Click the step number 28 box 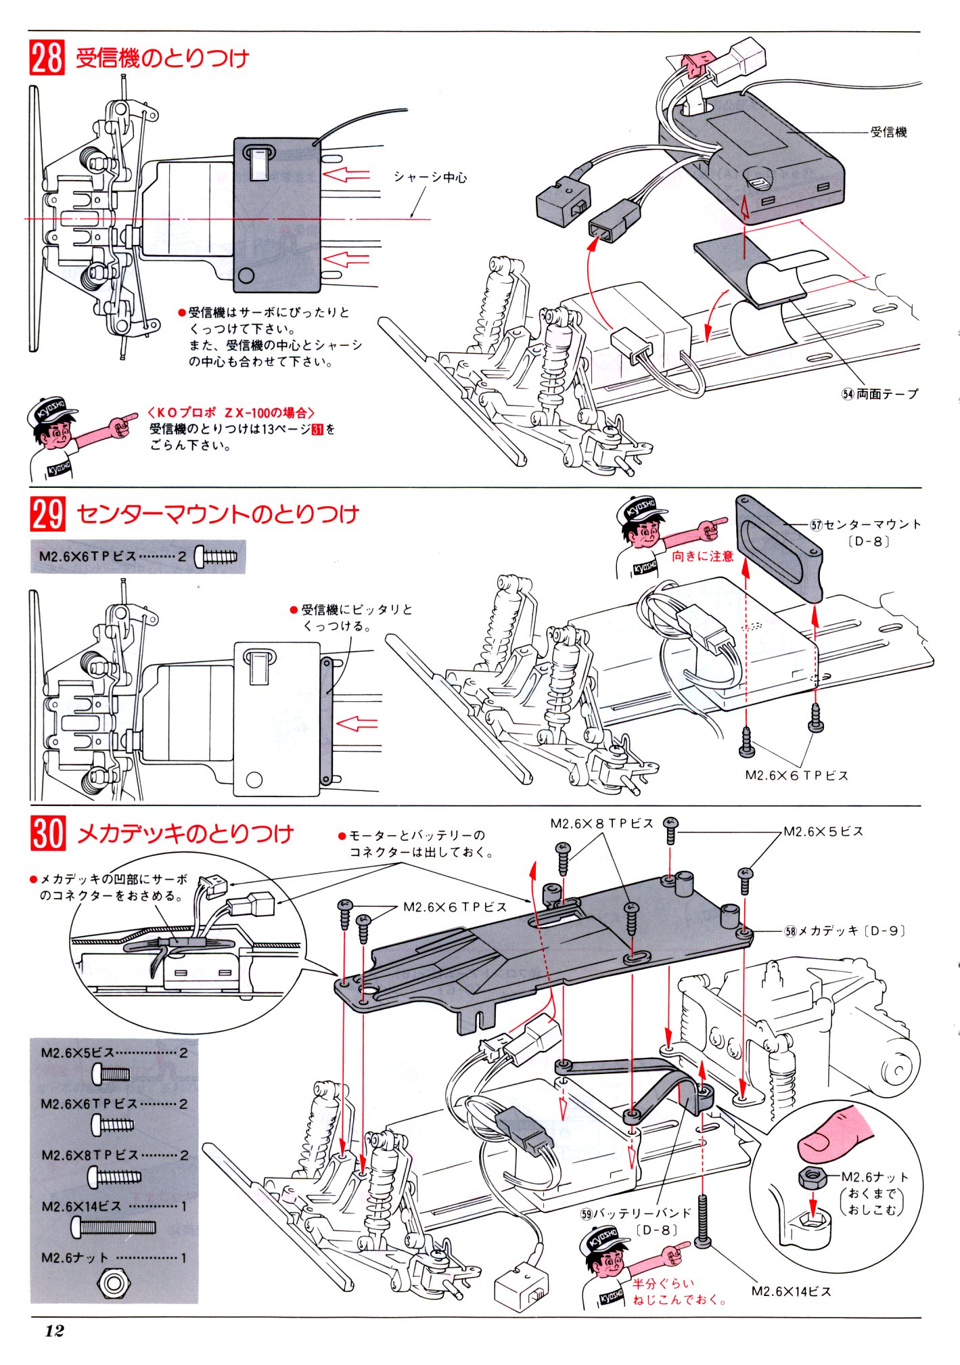coord(47,57)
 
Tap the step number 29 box coord(47,514)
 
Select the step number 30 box coord(47,833)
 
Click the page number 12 coord(54,1330)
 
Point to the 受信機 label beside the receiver coord(888,133)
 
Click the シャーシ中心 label coord(430,177)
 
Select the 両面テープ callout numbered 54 coord(880,394)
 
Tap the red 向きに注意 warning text coord(702,556)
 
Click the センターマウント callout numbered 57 coord(865,524)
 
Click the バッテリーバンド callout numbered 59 coord(636,1213)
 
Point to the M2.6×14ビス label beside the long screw coord(791,1291)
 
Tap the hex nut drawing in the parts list coord(114,1282)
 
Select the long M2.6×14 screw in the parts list coord(113,1226)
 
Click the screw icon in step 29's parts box coord(216,557)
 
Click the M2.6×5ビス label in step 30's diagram coord(823,832)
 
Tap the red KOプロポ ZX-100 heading coord(231,412)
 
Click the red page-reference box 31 coord(317,429)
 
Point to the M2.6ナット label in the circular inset coord(875,1177)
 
